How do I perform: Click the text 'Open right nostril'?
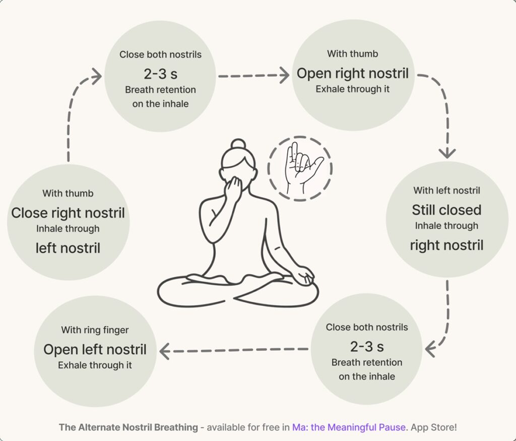click(x=352, y=74)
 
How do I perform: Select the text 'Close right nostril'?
click(x=68, y=213)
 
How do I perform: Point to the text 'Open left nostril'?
click(x=95, y=349)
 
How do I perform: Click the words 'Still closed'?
click(x=446, y=210)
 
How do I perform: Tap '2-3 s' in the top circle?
click(x=160, y=74)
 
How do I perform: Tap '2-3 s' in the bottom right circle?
click(x=367, y=347)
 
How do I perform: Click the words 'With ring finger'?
click(x=95, y=330)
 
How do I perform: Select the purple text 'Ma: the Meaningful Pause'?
click(x=349, y=427)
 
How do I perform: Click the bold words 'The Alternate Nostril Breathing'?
click(x=128, y=427)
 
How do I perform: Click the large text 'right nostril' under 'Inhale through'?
click(x=446, y=245)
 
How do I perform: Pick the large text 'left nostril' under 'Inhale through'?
click(x=68, y=248)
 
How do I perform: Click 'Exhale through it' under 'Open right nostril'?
click(x=352, y=89)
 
